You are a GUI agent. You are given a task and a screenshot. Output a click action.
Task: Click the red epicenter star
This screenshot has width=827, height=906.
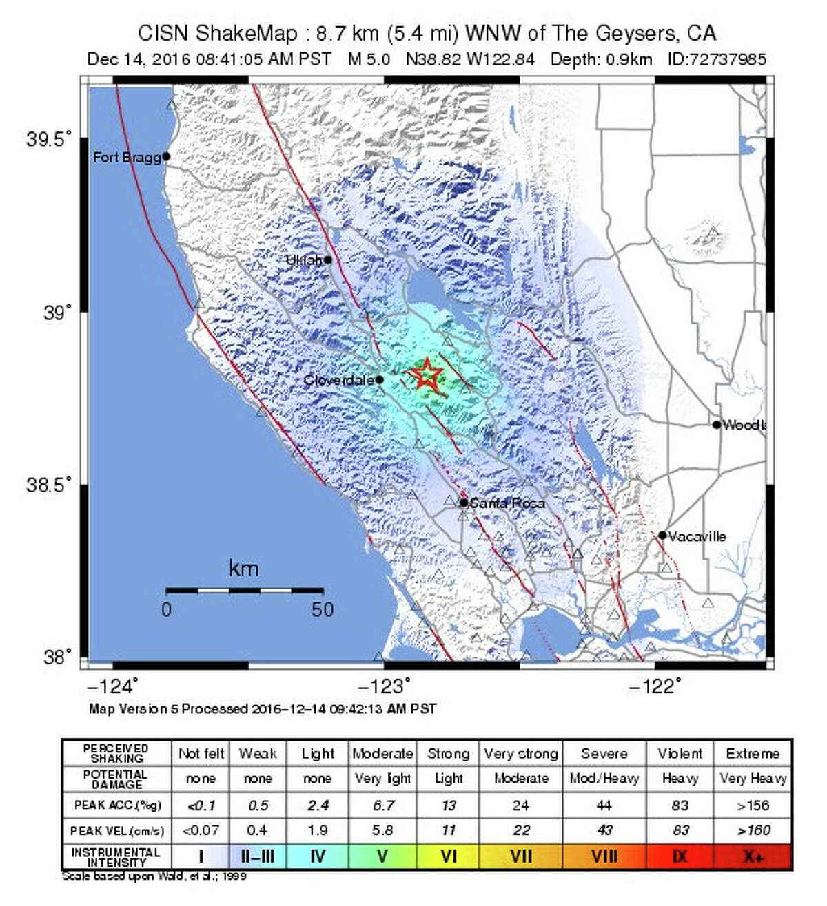click(x=426, y=375)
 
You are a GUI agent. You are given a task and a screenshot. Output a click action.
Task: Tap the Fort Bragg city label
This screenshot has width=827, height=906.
click(x=127, y=158)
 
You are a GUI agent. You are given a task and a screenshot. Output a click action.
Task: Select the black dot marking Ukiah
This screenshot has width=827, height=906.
click(x=328, y=260)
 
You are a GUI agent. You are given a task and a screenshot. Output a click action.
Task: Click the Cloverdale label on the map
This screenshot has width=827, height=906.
click(x=338, y=380)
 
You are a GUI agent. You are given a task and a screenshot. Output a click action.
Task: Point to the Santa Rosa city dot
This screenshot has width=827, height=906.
click(x=464, y=503)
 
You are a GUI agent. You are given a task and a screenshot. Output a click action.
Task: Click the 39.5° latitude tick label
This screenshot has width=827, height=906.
click(x=49, y=140)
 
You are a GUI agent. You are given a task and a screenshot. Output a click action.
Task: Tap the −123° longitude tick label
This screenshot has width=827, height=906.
click(x=384, y=686)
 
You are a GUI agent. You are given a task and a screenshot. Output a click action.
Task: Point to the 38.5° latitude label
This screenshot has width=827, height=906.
click(x=49, y=485)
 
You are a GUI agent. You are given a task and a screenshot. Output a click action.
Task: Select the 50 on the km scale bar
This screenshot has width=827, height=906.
click(x=322, y=610)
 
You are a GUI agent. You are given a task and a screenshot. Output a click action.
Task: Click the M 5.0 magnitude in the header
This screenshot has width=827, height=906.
click(x=369, y=59)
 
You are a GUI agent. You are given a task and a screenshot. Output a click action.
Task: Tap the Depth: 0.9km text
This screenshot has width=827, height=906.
click(x=601, y=59)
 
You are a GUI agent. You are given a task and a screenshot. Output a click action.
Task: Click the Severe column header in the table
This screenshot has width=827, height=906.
click(x=604, y=754)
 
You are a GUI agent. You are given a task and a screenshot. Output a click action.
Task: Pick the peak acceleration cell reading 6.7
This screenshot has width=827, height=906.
click(x=382, y=805)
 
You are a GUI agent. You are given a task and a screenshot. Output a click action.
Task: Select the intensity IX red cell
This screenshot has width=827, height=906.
click(x=680, y=857)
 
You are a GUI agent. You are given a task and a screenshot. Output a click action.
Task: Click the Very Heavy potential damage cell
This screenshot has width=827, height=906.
click(x=753, y=779)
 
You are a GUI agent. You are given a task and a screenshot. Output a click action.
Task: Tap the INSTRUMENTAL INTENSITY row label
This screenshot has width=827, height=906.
click(x=116, y=857)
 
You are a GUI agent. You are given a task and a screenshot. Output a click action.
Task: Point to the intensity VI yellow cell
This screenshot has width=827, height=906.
click(x=449, y=857)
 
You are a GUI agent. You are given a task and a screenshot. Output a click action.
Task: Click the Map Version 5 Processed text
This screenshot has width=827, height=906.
click(x=262, y=708)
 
